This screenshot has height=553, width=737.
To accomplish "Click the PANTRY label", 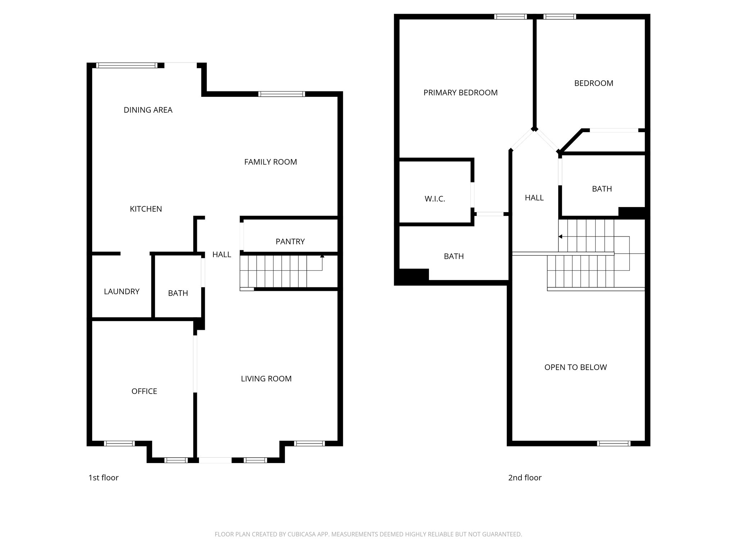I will tap(290, 242).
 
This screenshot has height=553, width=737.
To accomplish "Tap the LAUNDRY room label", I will tap(122, 292).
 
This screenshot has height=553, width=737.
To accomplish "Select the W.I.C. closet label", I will tap(435, 199).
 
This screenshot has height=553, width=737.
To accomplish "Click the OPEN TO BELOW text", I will tap(575, 367).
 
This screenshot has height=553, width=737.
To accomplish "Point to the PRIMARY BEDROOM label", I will tap(460, 93).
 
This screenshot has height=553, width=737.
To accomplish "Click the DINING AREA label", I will tap(148, 110).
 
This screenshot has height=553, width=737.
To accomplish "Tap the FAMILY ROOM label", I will tap(270, 162).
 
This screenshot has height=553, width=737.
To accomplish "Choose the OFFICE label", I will tap(144, 391).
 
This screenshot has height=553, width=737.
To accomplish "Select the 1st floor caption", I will tap(103, 478).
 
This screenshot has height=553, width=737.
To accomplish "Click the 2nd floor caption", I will tap(525, 478).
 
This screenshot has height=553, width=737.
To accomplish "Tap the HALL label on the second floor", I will tap(534, 198).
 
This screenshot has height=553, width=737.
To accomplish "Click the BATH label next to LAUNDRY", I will tap(178, 293).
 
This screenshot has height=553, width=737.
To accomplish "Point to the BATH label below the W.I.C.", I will tap(453, 256).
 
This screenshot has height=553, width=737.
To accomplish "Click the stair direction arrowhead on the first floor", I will tap(322, 256).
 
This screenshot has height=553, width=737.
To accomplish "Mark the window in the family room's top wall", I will tap(281, 94).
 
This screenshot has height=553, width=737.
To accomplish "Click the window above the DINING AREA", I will tap(127, 66).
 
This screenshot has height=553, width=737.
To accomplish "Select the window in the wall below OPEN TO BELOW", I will tap(613, 444).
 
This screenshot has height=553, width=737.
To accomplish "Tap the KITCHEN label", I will tap(146, 209).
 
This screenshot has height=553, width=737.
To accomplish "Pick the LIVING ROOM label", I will tap(266, 379).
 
